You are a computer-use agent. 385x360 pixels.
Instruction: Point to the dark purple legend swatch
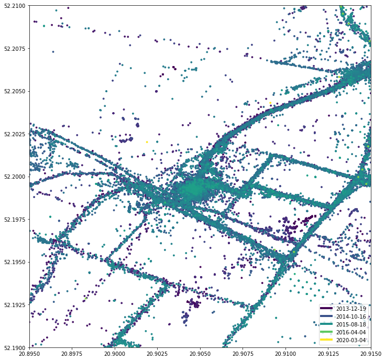[x=328, y=309]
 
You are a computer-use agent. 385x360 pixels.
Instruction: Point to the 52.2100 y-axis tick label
[x=14, y=6]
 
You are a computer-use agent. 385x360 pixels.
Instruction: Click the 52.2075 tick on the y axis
[x=14, y=49]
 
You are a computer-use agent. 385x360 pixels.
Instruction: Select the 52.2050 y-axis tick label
[x=14, y=91]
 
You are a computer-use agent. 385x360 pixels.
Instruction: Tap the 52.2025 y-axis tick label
[x=14, y=134]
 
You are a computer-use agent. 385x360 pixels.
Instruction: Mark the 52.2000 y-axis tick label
[x=14, y=177]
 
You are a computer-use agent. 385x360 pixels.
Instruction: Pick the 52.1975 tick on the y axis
[x=14, y=220]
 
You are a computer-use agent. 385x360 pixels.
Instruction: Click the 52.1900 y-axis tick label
[x=14, y=347]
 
